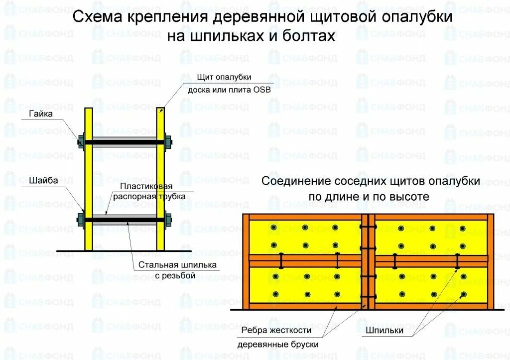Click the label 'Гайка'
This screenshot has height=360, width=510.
click(40, 114)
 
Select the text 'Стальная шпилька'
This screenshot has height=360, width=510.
click(178, 265)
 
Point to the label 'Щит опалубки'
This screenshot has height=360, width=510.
click(224, 77)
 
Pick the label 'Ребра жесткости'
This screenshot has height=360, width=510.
click(276, 330)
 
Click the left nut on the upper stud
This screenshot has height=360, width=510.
click(81, 142)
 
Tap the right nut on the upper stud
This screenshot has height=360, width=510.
click(168, 142)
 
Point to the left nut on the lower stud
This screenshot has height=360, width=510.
click(81, 219)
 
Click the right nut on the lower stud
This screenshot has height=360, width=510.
click(168, 219)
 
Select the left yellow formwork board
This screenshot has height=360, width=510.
click(88, 179)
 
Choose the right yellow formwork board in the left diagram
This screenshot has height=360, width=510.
click(160, 179)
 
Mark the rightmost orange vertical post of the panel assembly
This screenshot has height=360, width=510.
click(491, 262)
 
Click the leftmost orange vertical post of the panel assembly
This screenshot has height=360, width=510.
click(246, 262)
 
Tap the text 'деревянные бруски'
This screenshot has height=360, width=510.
click(278, 344)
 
